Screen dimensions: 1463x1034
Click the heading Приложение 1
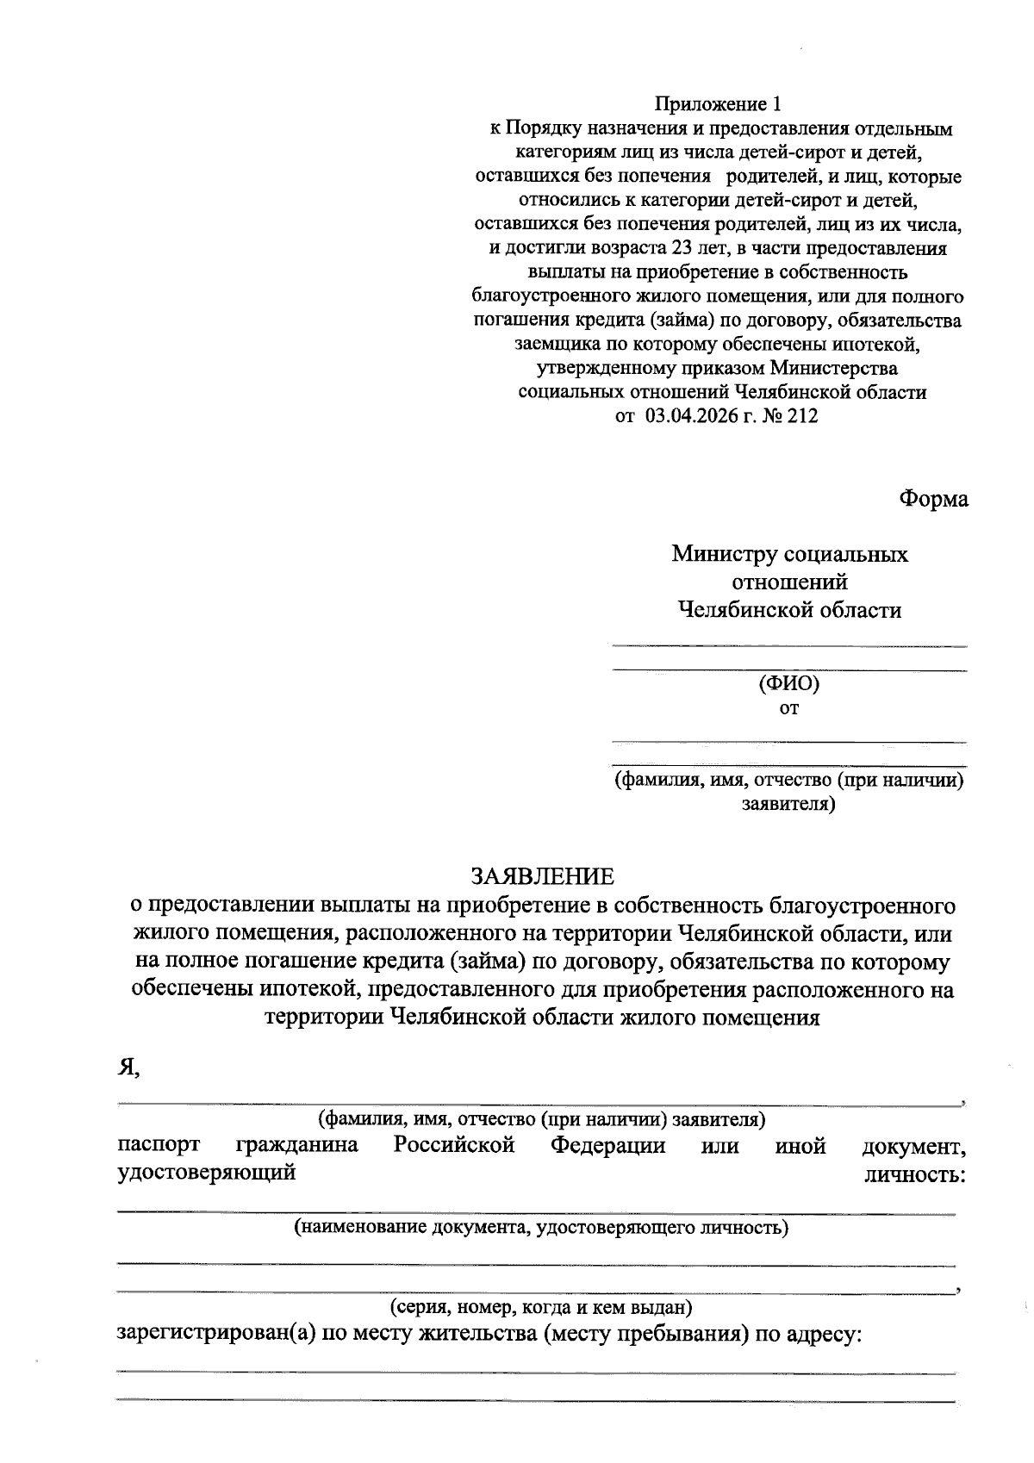click(x=718, y=105)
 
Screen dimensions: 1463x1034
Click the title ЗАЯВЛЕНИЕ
click(x=542, y=876)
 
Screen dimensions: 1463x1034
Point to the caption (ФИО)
click(x=788, y=684)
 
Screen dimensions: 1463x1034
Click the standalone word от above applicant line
click(x=788, y=709)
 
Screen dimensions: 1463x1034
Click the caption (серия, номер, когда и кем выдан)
click(x=542, y=1307)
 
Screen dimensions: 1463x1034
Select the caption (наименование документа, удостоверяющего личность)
click(x=542, y=1227)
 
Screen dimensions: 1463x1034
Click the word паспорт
click(x=159, y=1145)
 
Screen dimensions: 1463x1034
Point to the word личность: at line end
click(x=914, y=1174)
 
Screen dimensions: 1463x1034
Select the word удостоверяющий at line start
click(x=206, y=1173)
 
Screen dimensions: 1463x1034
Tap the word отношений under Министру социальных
click(x=789, y=582)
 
